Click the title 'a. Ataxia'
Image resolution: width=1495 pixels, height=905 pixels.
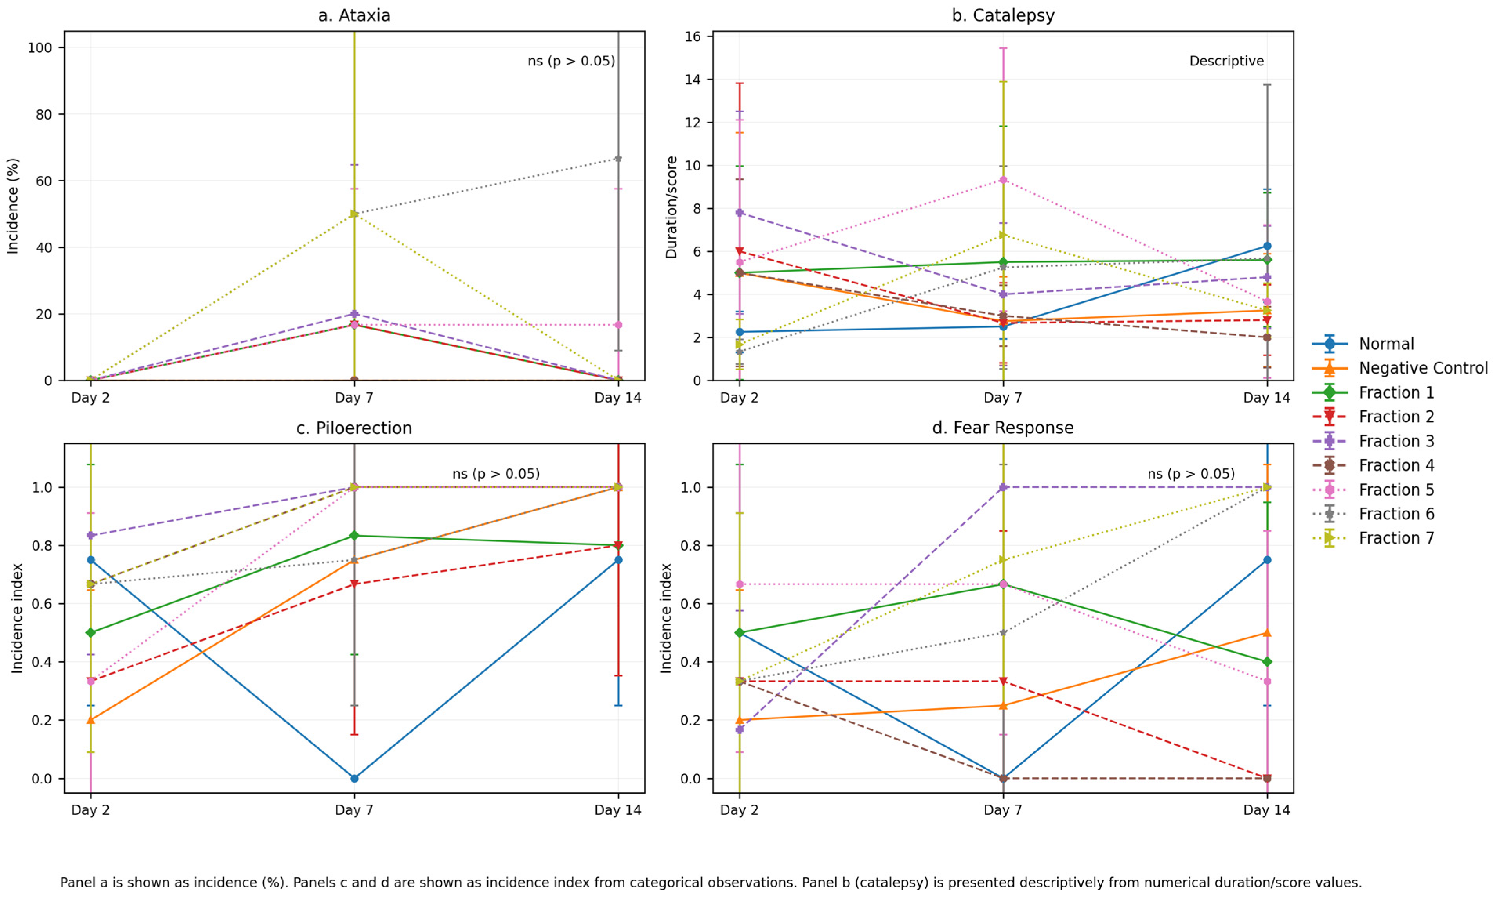coord(354,15)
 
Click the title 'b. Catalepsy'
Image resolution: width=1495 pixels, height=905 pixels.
coord(1003,15)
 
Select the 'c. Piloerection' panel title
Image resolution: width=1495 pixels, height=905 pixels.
coord(354,428)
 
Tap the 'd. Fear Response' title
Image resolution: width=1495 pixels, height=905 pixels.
coord(1003,428)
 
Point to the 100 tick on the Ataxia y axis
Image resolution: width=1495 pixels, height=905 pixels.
coord(40,47)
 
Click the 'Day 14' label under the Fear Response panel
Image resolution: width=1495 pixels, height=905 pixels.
coord(1267,810)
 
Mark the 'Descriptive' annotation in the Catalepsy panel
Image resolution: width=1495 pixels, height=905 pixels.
coord(1226,61)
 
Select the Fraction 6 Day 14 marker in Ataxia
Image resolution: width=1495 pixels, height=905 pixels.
coord(618,158)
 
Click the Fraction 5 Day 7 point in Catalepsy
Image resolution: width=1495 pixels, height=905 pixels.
coord(1003,180)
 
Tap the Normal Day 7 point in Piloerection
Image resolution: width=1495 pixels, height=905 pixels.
coord(354,778)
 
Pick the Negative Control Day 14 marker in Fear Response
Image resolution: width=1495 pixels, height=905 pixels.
coord(1267,633)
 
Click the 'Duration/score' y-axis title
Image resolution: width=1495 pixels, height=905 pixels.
coord(671,207)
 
